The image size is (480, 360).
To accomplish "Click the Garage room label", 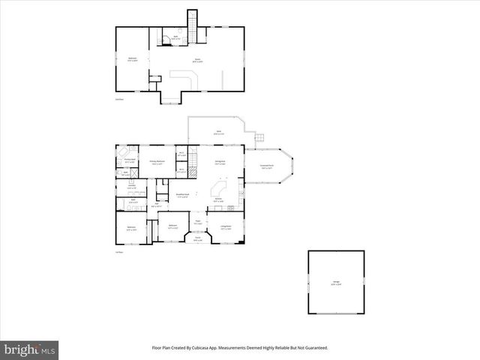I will pyautogui.click(x=336, y=283).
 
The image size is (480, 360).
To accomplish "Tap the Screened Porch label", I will pyautogui.click(x=267, y=167).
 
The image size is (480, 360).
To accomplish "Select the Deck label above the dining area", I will pyautogui.click(x=219, y=133).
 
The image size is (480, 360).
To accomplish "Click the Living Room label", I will pyautogui.click(x=226, y=226).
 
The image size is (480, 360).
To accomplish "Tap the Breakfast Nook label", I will pyautogui.click(x=182, y=196).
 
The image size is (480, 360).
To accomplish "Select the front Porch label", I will pyautogui.click(x=198, y=239).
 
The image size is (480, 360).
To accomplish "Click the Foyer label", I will pyautogui.click(x=198, y=222).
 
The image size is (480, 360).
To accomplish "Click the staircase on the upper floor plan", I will pyautogui.click(x=191, y=29).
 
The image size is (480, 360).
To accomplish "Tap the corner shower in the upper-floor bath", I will pyautogui.click(x=164, y=40).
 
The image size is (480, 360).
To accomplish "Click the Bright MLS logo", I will pyautogui.click(x=30, y=349).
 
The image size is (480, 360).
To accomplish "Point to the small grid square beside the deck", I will pyautogui.click(x=260, y=138).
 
